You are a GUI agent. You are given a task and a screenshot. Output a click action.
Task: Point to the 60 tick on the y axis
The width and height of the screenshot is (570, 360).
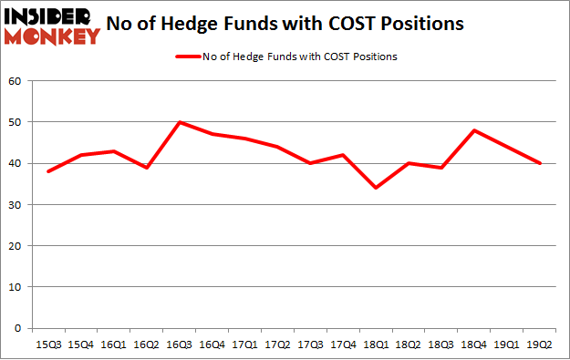click(x=16, y=81)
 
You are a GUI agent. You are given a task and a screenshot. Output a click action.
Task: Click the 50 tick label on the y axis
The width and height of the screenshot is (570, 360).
click(x=16, y=122)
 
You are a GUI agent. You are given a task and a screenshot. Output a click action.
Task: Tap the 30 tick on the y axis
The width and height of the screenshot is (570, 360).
click(x=16, y=205)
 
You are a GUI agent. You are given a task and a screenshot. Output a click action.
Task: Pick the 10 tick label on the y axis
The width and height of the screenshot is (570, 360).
click(x=16, y=287)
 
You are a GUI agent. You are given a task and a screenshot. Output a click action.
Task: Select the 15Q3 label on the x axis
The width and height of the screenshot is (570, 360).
click(x=49, y=344)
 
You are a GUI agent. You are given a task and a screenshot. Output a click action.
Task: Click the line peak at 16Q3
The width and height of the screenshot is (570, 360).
click(x=181, y=121)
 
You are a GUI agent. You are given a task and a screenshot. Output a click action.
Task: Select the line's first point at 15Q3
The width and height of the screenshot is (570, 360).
click(x=49, y=171)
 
